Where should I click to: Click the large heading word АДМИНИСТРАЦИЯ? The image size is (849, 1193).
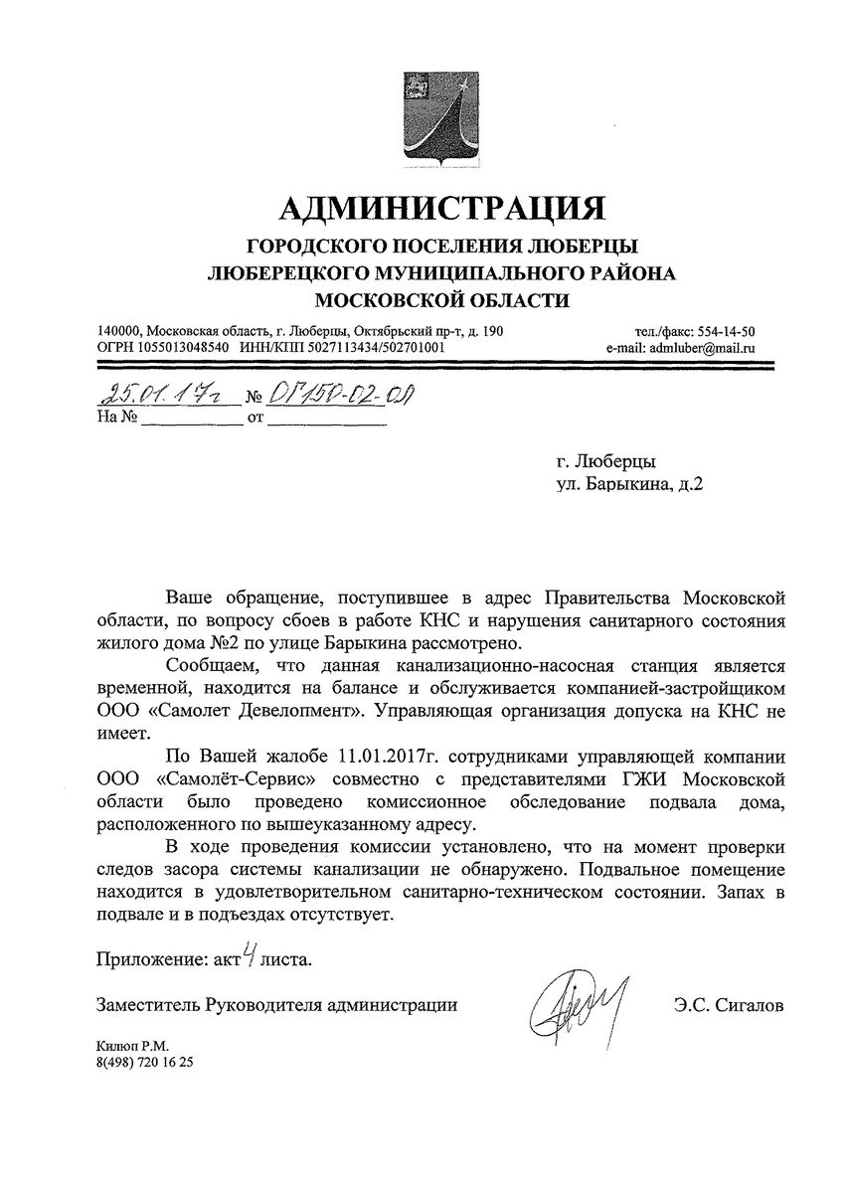point(441,208)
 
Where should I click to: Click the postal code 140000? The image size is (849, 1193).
point(120,331)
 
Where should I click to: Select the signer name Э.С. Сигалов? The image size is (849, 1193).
point(728,1006)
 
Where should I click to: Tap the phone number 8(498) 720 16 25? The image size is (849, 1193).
point(144,1063)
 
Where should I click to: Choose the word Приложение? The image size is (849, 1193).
point(145,961)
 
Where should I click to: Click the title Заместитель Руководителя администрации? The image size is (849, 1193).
point(276,1006)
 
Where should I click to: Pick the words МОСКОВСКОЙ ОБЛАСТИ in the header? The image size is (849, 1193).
point(441,298)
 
